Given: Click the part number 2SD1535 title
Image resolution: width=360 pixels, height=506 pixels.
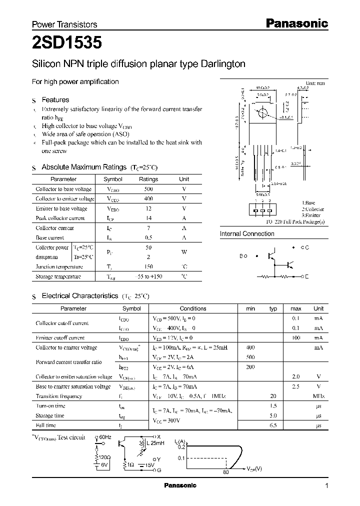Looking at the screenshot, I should click(x=67, y=43).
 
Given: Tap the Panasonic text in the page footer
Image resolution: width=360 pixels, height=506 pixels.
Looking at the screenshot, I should click(x=180, y=485).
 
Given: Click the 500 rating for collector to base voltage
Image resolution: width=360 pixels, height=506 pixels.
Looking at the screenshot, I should click(x=148, y=189).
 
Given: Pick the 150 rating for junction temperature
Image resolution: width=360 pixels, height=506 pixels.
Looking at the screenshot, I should click(x=148, y=266).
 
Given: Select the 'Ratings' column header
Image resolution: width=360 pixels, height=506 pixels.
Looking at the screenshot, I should click(x=148, y=179).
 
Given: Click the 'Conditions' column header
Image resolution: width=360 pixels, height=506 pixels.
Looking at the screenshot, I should click(x=193, y=308).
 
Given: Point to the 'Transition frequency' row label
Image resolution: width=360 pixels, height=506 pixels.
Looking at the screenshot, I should click(x=58, y=396).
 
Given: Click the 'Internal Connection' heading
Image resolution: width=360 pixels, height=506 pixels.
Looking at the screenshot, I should click(x=247, y=233).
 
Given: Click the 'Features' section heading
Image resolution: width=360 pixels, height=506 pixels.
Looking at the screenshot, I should click(x=55, y=100).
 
